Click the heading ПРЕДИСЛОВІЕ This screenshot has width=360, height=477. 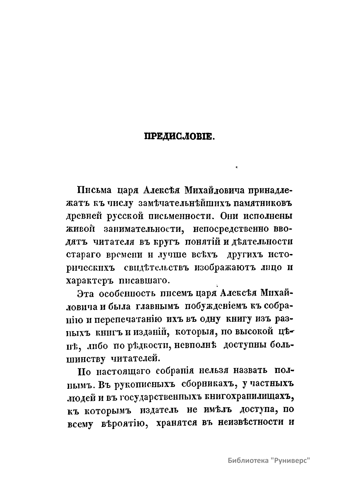pyautogui.click(x=179, y=137)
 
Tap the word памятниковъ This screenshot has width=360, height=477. pyautogui.click(x=263, y=203)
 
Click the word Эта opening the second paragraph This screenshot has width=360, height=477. pyautogui.click(x=86, y=293)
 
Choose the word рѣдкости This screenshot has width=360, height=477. pyautogui.click(x=145, y=345)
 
